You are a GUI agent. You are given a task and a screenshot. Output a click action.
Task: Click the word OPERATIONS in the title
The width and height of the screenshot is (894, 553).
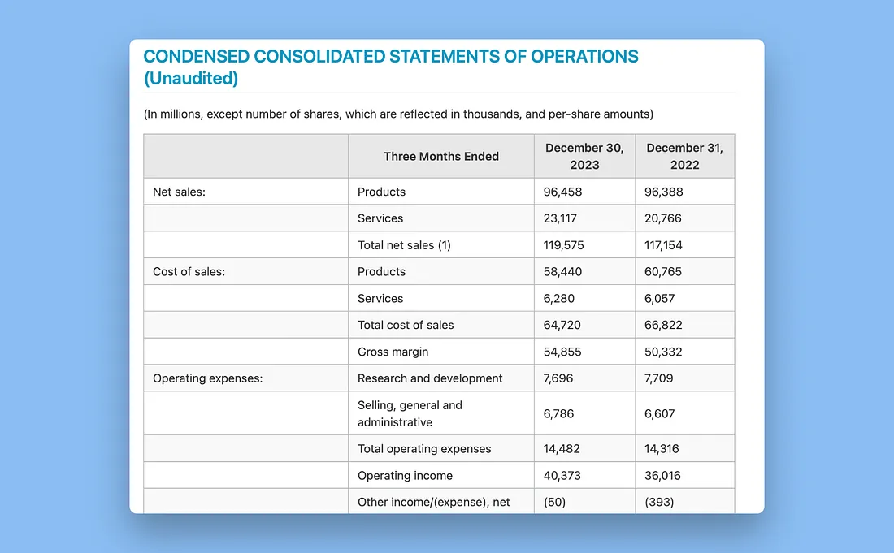point(584,56)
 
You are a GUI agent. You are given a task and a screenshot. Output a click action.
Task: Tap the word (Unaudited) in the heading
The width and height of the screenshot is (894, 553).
point(191,78)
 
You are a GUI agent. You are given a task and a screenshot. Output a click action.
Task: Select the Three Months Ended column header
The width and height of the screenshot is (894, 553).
point(441,157)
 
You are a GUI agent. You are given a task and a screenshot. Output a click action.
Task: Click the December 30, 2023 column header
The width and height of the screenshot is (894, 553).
point(584,156)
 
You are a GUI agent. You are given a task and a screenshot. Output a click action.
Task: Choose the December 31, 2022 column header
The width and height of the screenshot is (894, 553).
point(685,156)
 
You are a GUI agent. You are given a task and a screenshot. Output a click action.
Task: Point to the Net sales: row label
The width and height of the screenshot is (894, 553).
point(179,192)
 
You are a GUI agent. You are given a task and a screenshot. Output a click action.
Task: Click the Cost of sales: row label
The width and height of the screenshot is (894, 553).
point(189,272)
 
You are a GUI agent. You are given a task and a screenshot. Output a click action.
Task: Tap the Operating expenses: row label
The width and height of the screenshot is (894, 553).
point(207,378)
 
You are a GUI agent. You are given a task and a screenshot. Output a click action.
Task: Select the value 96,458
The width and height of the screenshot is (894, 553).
point(562,192)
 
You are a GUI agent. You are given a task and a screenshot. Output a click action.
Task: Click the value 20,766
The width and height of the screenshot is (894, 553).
point(663,218)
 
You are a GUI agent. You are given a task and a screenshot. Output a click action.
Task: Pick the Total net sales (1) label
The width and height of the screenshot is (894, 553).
point(404,245)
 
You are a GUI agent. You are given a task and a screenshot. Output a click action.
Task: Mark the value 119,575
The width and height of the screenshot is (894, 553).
point(564,245)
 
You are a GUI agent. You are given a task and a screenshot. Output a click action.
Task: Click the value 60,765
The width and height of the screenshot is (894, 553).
point(663,272)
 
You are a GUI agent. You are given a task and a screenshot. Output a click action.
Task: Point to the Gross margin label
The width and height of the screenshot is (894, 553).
point(393,352)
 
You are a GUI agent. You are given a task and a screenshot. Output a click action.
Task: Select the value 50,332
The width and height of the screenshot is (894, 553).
point(663,352)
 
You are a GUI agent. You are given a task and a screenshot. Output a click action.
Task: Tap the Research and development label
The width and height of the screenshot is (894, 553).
point(430,378)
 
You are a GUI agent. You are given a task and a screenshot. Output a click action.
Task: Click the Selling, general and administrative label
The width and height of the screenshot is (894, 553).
point(410,413)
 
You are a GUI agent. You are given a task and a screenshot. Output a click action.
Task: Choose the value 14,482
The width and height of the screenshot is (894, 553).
point(562,449)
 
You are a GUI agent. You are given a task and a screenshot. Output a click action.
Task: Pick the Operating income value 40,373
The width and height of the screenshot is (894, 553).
point(562,476)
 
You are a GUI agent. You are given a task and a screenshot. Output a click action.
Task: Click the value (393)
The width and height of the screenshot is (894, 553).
point(659,502)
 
